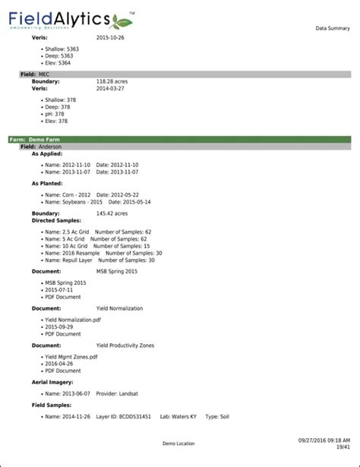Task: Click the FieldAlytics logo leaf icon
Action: (x=119, y=20)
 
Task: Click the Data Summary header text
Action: (x=332, y=28)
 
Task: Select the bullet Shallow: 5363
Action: (x=62, y=49)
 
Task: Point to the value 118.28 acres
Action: (x=112, y=81)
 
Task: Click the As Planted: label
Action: (x=46, y=183)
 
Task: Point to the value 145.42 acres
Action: (x=112, y=214)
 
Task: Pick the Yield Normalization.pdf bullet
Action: (x=73, y=320)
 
